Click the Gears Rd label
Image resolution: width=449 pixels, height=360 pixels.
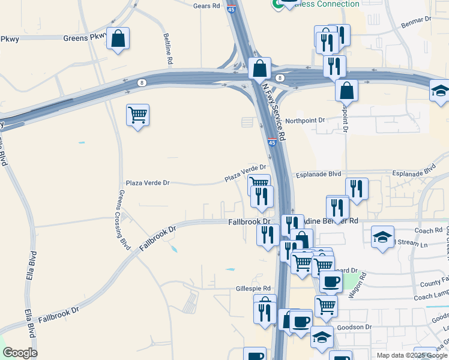[206, 5]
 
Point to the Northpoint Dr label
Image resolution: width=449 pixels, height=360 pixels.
[305, 121]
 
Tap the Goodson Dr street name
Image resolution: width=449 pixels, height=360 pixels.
[355, 327]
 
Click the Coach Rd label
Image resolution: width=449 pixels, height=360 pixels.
[428, 230]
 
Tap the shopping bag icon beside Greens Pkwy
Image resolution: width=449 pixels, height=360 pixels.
[118, 39]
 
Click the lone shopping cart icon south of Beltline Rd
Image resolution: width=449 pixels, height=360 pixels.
[137, 115]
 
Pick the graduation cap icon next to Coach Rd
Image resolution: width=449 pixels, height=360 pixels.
[382, 236]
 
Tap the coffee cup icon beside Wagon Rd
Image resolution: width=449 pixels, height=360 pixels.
[330, 281]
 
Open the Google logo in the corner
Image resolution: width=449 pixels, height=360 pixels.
[20, 353]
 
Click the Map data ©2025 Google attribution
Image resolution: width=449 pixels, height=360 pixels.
[412, 355]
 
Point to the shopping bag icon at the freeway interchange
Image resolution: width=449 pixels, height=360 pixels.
[259, 68]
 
